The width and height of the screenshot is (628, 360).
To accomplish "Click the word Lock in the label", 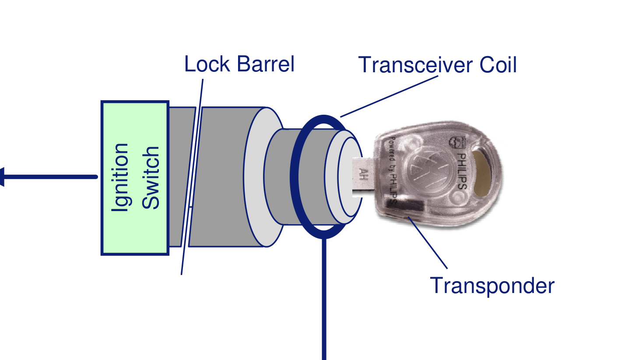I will (206, 64).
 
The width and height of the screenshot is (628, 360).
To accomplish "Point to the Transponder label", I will (492, 286).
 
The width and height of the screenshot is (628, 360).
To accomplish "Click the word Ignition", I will (120, 177).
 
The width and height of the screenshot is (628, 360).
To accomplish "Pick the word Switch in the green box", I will (152, 177).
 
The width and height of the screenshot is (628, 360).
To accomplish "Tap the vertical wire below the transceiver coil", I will (324, 302).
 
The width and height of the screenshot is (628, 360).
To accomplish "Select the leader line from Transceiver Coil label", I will (389, 96).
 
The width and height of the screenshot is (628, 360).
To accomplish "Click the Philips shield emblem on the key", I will (456, 142).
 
